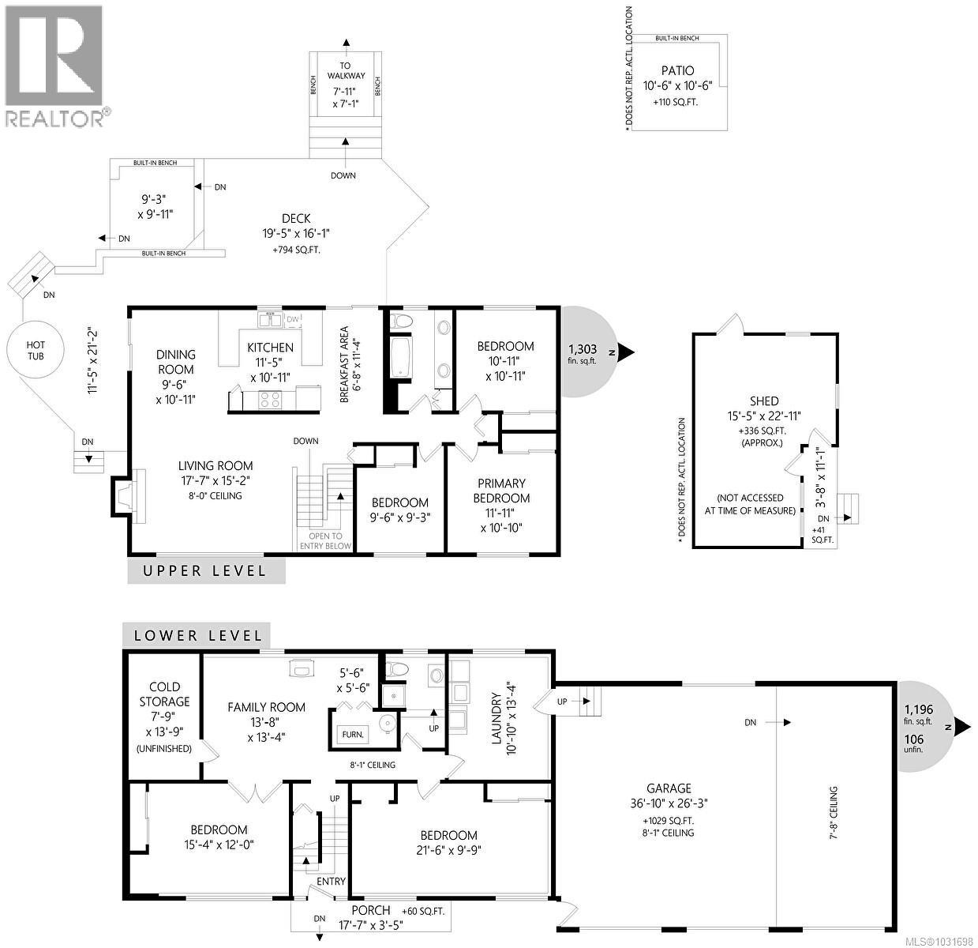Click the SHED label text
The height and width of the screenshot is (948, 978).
point(764,401)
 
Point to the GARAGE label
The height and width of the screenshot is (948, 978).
point(669,788)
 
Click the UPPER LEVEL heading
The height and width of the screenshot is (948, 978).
point(205,570)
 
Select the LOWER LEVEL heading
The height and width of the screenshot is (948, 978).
point(197,635)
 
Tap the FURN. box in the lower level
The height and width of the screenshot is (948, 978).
point(353,734)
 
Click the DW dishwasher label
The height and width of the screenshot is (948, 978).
point(292,319)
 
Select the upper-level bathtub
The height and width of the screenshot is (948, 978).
point(400,359)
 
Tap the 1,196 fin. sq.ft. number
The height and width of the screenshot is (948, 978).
point(918,709)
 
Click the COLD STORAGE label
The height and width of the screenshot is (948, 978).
point(164,694)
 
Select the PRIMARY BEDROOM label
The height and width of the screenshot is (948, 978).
point(501,491)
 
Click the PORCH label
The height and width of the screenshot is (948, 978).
point(370,910)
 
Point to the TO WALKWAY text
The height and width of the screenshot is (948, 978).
point(346,71)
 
